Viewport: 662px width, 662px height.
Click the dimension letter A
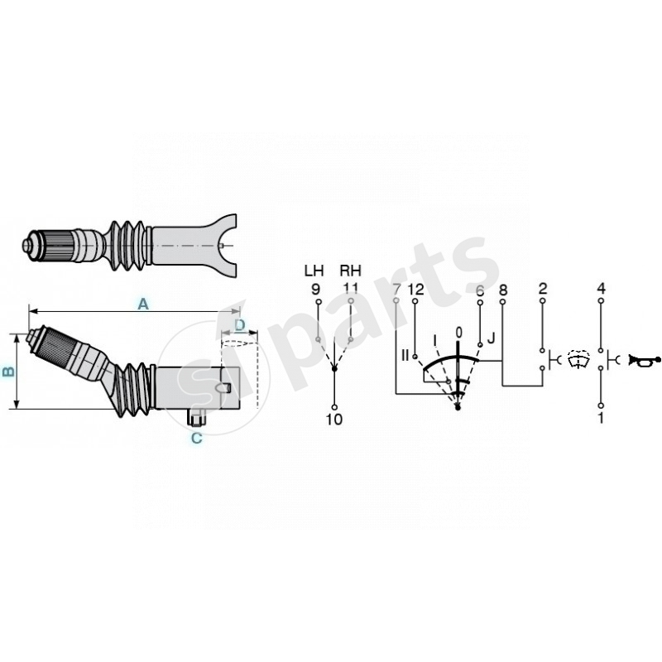(x=142, y=305)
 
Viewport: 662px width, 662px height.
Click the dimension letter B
(x=8, y=372)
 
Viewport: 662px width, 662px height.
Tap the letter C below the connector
(x=196, y=439)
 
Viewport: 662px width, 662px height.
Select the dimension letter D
(x=241, y=324)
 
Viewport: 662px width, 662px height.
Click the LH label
(x=314, y=271)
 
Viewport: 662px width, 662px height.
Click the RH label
(x=350, y=271)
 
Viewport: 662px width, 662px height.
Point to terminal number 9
(x=315, y=289)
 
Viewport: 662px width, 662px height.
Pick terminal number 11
(x=351, y=289)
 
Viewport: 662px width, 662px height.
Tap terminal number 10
(x=333, y=420)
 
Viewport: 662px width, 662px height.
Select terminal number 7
(x=396, y=289)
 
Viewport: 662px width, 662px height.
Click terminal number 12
(x=415, y=289)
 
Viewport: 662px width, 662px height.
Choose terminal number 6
(x=479, y=289)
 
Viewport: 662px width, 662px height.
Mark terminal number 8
(x=502, y=289)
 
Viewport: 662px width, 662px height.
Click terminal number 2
(x=542, y=289)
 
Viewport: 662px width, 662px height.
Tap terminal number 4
(x=602, y=289)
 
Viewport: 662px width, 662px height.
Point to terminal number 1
(x=602, y=419)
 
